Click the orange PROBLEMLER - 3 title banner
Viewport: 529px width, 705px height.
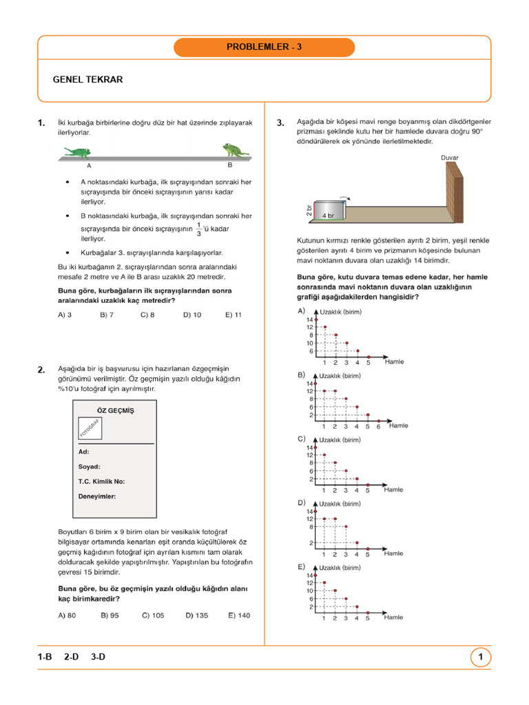(x=264, y=48)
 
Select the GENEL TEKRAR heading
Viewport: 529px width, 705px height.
(x=87, y=80)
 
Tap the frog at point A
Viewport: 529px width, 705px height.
(x=80, y=151)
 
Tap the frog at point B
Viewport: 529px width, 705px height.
(x=235, y=150)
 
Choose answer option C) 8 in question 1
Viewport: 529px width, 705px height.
(x=147, y=315)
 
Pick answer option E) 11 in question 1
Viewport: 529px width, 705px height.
(x=233, y=315)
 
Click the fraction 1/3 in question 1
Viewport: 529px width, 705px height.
(x=199, y=229)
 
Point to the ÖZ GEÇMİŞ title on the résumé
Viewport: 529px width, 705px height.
(x=114, y=411)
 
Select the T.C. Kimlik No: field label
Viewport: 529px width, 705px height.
(x=101, y=481)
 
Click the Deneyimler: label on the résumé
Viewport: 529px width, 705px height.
(x=97, y=496)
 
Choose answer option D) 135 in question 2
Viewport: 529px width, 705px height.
(x=196, y=615)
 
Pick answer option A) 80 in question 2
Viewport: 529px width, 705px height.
(x=67, y=615)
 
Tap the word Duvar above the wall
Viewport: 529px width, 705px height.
(x=449, y=158)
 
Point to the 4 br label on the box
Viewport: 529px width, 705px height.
(x=327, y=215)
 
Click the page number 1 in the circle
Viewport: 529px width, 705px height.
(x=480, y=658)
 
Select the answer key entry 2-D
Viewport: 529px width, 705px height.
(x=71, y=657)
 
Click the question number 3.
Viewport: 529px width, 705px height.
(x=280, y=123)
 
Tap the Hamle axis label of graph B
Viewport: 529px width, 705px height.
(x=398, y=425)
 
